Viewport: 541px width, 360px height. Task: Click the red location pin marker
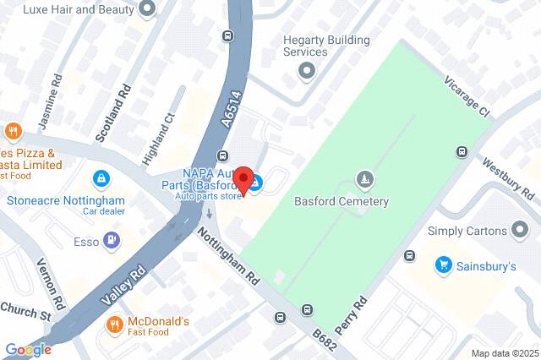pos(245,181)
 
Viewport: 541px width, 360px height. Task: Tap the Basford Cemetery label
pos(341,202)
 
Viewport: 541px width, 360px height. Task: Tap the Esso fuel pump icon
pos(111,241)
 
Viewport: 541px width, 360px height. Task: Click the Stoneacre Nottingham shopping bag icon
pos(101,179)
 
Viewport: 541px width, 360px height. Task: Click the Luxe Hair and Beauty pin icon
pos(148,9)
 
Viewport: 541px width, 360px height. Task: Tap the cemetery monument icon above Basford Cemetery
pos(364,180)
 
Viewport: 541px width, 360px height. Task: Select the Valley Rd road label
pos(123,282)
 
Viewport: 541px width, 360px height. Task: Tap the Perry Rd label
pos(360,313)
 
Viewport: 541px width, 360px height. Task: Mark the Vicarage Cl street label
pos(467,98)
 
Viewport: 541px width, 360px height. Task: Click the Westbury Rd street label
pos(511,178)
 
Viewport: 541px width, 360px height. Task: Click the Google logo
pos(28,349)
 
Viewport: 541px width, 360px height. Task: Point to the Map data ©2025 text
pos(504,352)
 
